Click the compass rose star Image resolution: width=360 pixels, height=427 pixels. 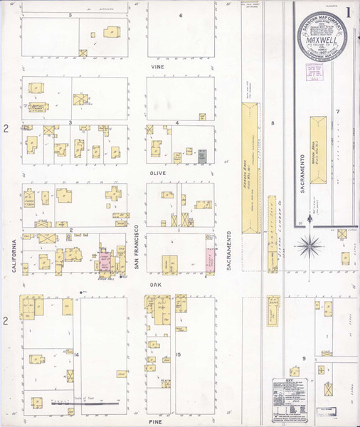pyautogui.click(x=310, y=247)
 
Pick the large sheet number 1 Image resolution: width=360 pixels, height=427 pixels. pyautogui.click(x=349, y=13)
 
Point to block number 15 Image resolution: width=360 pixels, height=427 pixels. pyautogui.click(x=179, y=353)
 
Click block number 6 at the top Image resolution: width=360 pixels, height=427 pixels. pyautogui.click(x=181, y=15)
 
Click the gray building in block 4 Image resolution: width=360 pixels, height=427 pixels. pyautogui.click(x=203, y=154)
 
